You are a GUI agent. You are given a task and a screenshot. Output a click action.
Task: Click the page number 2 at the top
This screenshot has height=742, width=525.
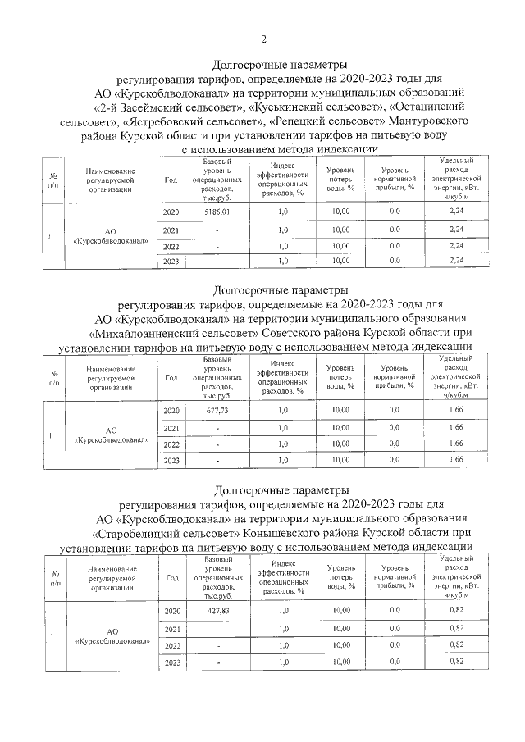263,39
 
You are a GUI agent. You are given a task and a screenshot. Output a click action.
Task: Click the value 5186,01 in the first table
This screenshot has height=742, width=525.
217,212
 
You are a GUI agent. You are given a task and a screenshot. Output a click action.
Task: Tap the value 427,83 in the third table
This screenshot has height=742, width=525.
217,611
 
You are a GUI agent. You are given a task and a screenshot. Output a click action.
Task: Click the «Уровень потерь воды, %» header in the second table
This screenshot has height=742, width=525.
340,379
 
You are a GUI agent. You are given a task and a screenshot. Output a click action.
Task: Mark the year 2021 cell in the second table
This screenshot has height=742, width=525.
171,428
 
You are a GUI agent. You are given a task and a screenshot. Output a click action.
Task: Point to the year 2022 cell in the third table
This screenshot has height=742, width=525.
171,646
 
